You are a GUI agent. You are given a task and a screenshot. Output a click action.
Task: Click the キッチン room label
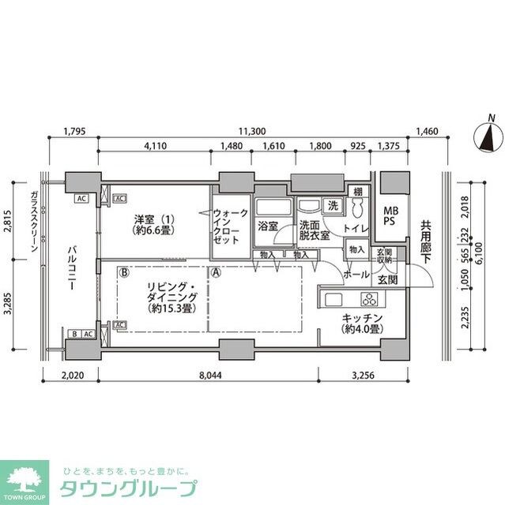363,324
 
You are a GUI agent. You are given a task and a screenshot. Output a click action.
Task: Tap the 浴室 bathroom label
267,226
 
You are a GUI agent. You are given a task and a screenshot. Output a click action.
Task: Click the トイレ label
355,228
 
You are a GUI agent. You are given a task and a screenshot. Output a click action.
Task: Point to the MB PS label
391,215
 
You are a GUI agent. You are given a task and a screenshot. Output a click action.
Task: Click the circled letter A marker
215,273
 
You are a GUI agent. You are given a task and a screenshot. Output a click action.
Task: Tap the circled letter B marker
124,273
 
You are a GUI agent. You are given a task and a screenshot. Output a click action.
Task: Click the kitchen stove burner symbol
368,298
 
